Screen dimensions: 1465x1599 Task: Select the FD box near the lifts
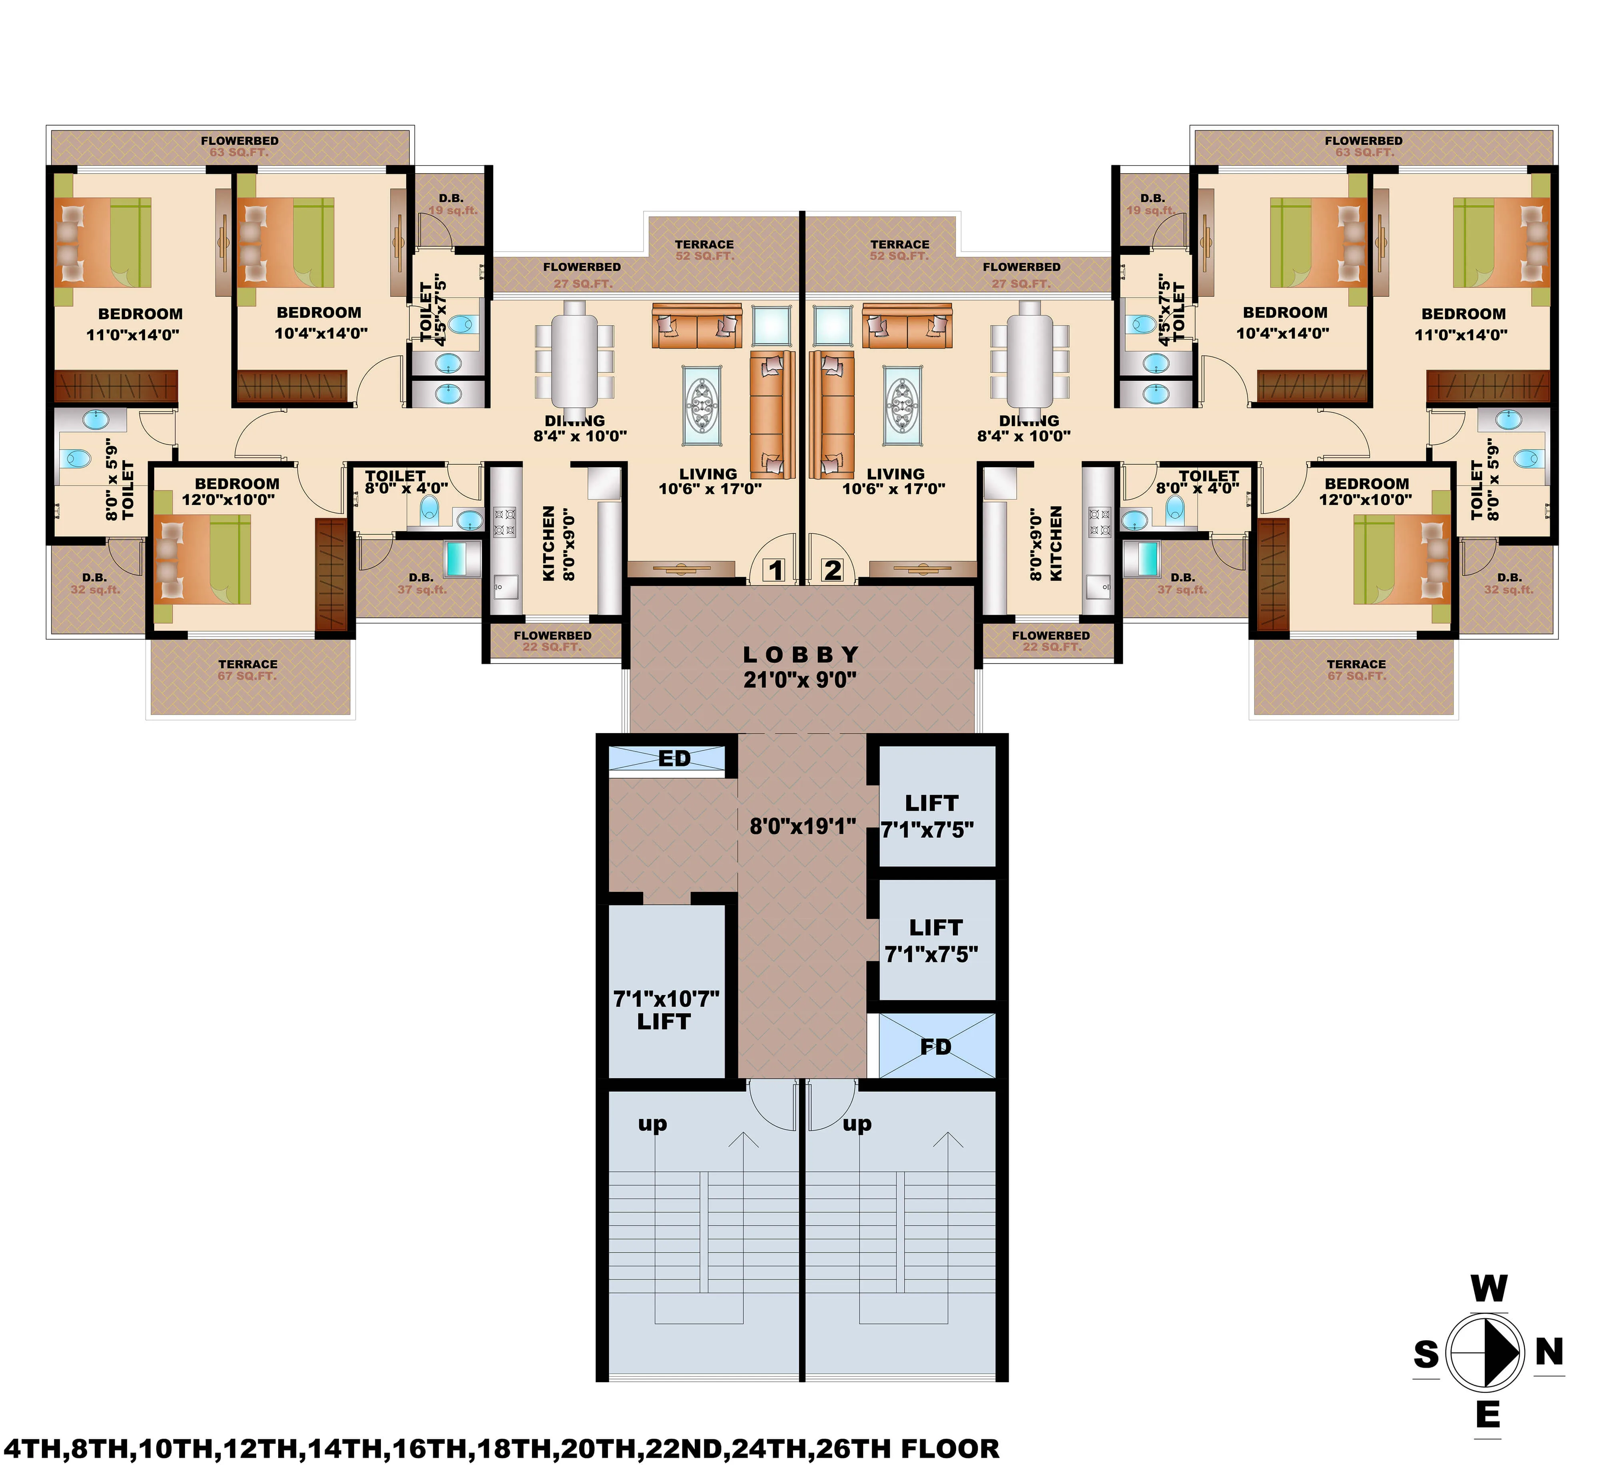pos(936,1047)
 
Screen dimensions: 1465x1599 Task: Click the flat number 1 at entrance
pos(775,570)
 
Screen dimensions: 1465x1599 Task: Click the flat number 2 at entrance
pos(832,570)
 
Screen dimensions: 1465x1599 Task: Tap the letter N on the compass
pos(1548,1351)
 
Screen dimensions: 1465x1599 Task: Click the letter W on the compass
pos(1489,1289)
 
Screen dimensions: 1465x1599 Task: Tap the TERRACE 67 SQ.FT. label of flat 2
pos(1356,670)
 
